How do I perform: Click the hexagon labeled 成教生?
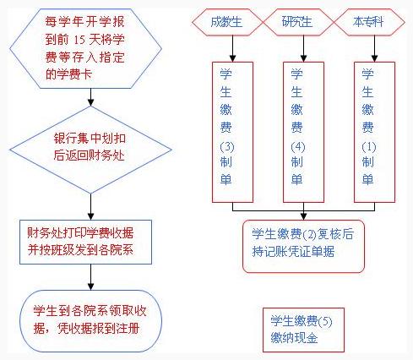coord(227,22)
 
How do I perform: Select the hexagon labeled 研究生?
coord(298,22)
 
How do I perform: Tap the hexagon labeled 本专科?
coord(369,22)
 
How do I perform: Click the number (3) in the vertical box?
coord(227,147)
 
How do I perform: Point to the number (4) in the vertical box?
coord(298,147)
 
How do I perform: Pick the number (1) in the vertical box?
coord(369,147)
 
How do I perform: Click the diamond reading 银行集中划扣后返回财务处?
coord(90,150)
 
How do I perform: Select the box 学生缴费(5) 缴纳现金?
coord(303,330)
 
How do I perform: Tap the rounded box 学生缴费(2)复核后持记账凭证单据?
coord(303,247)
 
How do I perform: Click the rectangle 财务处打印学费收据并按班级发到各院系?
coord(85,242)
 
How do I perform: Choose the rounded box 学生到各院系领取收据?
coord(90,321)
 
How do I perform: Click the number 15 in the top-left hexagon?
coord(79,40)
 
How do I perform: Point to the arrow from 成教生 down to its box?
coord(232,48)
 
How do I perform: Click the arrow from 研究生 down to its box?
coord(303,48)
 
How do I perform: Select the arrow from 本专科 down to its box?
coord(374,48)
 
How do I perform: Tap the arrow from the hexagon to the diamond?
coord(90,97)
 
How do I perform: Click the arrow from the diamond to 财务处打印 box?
coord(90,207)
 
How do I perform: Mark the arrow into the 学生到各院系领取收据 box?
coord(90,277)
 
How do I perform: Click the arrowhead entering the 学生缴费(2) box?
coord(303,216)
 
